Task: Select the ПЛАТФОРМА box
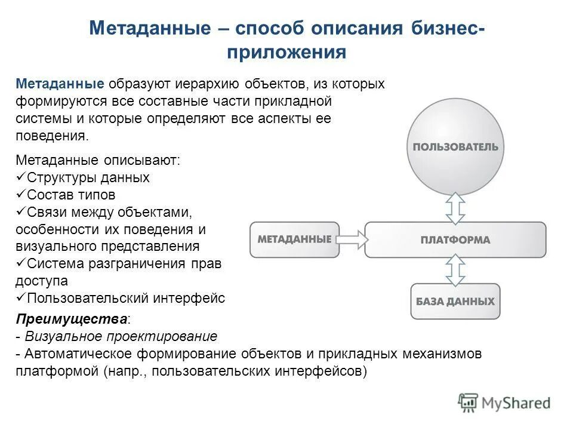(455, 239)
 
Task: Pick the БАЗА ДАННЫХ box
(455, 300)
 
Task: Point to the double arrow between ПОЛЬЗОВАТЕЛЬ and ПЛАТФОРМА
(455, 208)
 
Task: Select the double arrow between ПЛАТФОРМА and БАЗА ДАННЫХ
(455, 271)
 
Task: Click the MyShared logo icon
(468, 403)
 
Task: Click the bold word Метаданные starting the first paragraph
(60, 84)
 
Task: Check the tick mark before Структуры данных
(20, 177)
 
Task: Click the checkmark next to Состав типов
(20, 195)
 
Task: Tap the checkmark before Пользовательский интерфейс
(20, 297)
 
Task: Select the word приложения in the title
(286, 52)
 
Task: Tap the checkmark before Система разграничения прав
(20, 263)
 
